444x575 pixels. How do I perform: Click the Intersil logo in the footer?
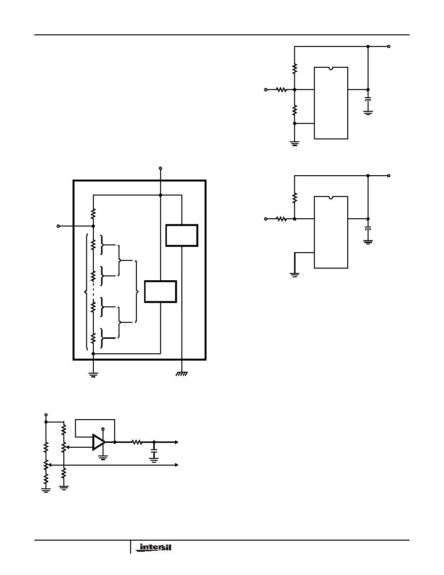153,547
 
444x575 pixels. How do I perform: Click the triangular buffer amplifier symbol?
99,442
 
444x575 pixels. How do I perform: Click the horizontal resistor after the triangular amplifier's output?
137,442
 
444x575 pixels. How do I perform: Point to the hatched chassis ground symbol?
182,374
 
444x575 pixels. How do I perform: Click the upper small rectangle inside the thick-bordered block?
182,235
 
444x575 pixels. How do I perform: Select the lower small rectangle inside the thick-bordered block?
161,291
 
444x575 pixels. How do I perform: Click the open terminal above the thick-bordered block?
160,168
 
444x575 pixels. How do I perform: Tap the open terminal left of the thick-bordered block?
58,226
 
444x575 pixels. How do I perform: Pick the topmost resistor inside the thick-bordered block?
93,213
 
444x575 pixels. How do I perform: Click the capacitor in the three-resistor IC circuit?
368,99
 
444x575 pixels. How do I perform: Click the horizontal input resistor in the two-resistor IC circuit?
281,219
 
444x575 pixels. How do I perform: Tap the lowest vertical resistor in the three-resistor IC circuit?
295,110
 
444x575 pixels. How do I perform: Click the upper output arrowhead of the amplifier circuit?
176,442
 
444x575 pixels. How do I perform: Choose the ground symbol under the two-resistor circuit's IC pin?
295,274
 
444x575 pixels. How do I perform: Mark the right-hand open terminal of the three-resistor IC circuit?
389,46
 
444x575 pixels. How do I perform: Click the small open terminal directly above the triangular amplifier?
103,429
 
